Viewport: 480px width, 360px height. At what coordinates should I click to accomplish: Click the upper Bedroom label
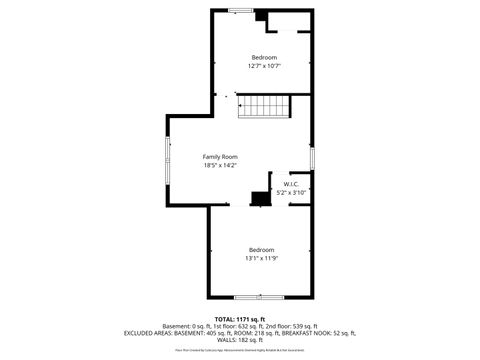[x=264, y=57]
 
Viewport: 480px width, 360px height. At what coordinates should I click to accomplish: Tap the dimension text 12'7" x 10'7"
[x=264, y=66]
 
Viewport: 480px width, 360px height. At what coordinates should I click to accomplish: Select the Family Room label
[x=220, y=157]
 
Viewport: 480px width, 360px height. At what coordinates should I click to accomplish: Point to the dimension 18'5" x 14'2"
[x=220, y=166]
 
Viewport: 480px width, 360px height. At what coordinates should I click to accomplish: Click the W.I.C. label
[x=291, y=184]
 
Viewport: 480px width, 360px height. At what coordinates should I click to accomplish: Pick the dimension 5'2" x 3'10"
[x=291, y=192]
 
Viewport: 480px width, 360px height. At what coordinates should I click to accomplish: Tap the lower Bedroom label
[x=261, y=249]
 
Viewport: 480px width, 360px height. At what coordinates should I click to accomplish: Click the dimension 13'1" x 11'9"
[x=261, y=258]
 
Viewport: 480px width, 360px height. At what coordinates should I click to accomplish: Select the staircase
[x=264, y=106]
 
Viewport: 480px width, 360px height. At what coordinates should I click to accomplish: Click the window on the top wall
[x=240, y=10]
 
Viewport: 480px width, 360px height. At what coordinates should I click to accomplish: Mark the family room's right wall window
[x=311, y=157]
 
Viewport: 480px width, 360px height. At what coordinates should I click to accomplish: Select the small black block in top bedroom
[x=259, y=16]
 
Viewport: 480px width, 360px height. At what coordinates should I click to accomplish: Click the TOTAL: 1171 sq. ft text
[x=240, y=318]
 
